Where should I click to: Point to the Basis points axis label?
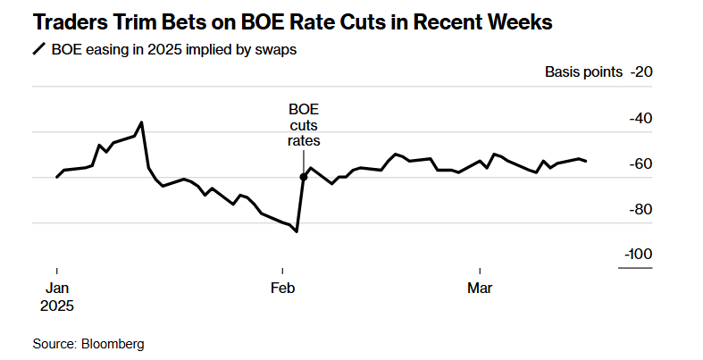pos(583,72)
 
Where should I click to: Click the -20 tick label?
pos(641,72)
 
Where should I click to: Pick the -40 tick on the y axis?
pos(641,118)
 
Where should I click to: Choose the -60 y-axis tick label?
pos(641,163)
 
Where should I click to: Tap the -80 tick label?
pos(641,209)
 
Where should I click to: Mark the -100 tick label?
pos(639,255)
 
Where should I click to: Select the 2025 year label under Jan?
pos(58,305)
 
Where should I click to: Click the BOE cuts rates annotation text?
pos(303,125)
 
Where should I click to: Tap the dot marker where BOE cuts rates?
pos(304,177)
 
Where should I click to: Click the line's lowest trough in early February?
pos(297,231)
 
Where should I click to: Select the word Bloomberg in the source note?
pos(113,343)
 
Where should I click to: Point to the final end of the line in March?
pos(586,161)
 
